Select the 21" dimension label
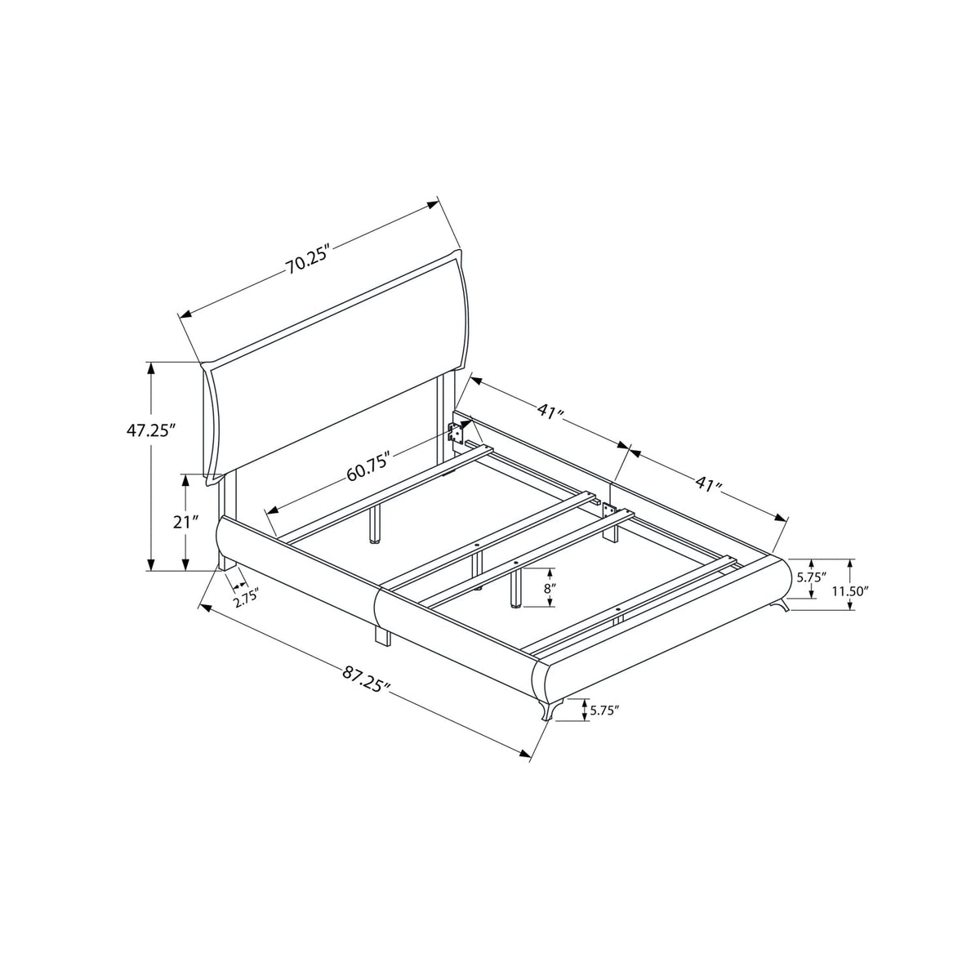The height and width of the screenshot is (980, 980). pos(185,522)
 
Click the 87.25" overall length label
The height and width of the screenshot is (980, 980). pos(366,681)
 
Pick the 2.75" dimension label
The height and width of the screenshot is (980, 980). pos(246,603)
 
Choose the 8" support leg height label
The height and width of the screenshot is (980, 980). pos(548,588)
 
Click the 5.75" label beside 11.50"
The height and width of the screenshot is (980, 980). pos(811,577)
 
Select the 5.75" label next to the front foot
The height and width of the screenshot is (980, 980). pos(604,710)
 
